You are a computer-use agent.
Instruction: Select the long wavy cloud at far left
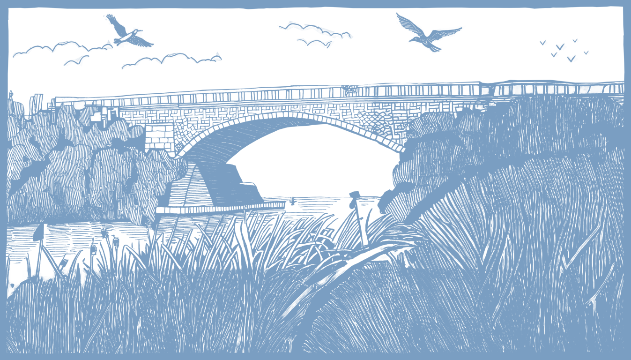point(56,47)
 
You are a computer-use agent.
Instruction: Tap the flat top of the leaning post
point(355,194)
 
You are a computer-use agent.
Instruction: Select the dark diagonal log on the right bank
point(361,259)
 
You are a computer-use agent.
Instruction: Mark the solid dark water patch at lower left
point(17,272)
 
